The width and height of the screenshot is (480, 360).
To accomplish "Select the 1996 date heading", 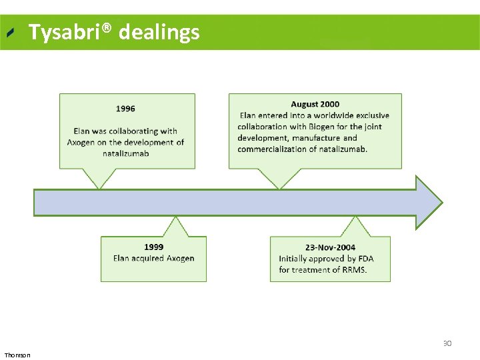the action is coord(125,109).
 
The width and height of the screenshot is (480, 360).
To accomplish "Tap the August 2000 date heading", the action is coord(315,104).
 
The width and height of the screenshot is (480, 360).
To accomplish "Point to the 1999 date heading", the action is coord(153,247).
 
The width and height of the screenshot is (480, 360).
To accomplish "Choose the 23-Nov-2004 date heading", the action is coord(330,247).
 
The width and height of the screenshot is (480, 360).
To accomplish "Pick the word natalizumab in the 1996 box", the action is coord(125,153).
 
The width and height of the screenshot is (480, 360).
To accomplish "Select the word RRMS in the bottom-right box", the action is coord(353,270).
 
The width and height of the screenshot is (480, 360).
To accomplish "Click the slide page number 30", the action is coord(447,343).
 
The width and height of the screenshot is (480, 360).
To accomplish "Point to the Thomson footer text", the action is coord(17,355).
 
